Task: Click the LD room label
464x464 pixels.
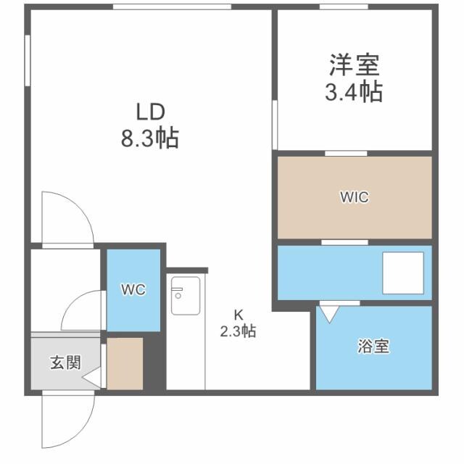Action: click(x=150, y=112)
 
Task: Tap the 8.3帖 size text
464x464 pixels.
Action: click(x=150, y=138)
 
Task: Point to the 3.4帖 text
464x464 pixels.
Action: click(x=353, y=93)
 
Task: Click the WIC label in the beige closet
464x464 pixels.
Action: click(x=355, y=198)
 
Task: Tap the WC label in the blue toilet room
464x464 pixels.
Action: click(x=133, y=290)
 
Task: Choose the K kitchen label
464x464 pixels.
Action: click(x=238, y=315)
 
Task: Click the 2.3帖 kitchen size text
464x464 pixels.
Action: click(x=238, y=332)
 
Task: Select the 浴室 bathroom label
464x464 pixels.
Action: click(x=373, y=347)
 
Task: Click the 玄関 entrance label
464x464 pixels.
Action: click(x=65, y=362)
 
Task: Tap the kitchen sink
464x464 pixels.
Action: click(x=186, y=296)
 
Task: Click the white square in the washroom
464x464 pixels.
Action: click(x=403, y=273)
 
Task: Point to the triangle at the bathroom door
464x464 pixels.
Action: click(x=330, y=314)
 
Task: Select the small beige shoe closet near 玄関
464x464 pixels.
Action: click(x=124, y=362)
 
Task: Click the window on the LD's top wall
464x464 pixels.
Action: click(x=172, y=7)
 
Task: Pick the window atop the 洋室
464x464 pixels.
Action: click(x=343, y=7)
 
